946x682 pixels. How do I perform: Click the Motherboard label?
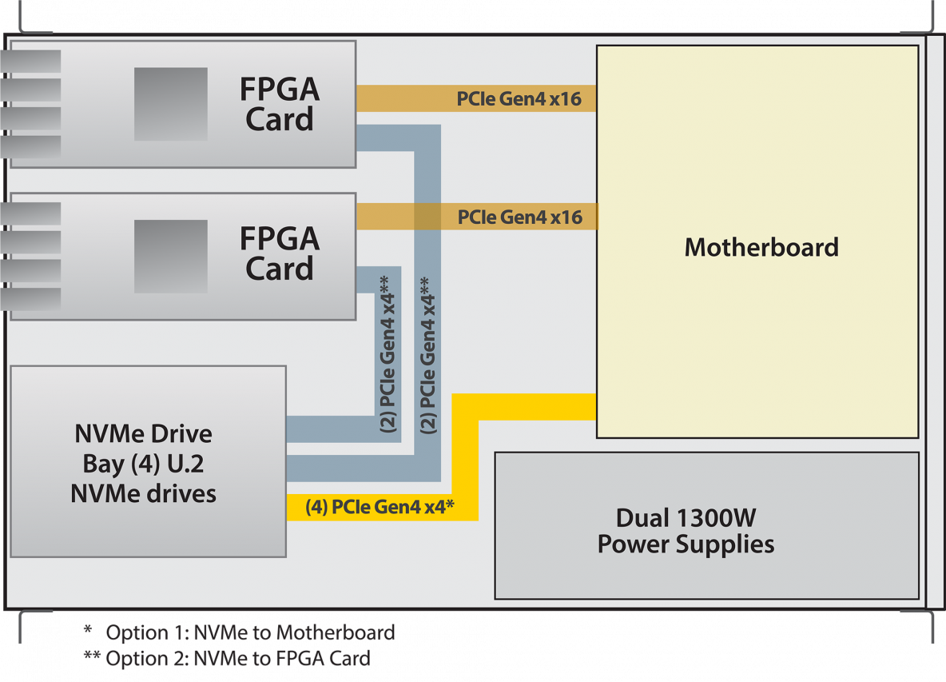761,247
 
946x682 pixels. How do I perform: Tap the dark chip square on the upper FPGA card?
171,104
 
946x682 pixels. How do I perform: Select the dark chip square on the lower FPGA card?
171,257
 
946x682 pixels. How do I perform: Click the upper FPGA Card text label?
280,104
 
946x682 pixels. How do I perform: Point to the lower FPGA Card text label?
280,253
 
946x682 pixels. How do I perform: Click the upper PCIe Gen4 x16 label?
519,98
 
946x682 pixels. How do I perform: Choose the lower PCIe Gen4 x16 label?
520,217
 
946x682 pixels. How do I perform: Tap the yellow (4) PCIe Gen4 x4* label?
380,506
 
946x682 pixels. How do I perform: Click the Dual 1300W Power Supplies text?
686,531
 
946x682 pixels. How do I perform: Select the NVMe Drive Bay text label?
144,464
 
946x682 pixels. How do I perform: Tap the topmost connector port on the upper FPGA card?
30,61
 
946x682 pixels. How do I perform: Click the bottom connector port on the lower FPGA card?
30,299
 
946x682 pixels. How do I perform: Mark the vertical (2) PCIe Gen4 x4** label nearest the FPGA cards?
388,354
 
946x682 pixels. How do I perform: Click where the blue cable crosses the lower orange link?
427,217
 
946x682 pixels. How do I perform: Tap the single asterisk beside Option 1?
88,630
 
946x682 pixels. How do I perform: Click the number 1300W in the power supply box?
716,518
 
